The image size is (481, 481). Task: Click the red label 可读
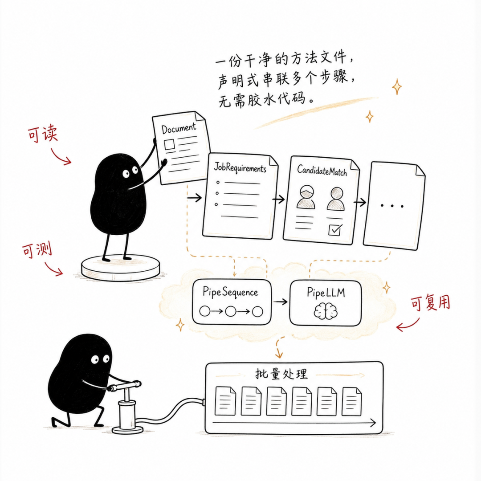pos(43,134)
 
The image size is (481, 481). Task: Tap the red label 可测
pos(37,250)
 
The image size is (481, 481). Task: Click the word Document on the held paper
pos(179,128)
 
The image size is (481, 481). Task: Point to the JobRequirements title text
pos(240,167)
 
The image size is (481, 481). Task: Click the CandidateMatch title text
pos(322,170)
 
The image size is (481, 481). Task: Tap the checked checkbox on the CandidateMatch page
pos(334,230)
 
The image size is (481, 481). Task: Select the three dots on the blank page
pos(392,206)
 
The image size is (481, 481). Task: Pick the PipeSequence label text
pos(230,292)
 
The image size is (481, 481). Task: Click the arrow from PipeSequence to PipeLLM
pos(281,302)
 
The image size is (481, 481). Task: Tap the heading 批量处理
pos(281,374)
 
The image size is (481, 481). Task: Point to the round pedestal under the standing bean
pos(121,268)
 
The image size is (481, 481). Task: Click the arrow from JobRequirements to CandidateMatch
pos(278,200)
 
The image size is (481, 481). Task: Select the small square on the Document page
pos(169,144)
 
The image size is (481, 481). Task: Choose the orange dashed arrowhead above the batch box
pos(279,355)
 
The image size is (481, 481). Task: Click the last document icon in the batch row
pos(351,401)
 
